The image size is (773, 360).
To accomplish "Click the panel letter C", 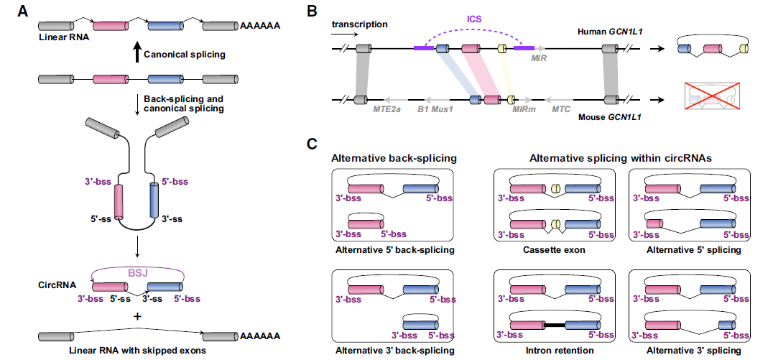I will pos(312,143).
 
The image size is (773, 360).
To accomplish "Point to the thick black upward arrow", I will pos(137,53).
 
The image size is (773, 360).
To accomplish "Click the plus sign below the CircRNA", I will pos(136,317).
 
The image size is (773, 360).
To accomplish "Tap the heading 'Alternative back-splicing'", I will pos(394,158).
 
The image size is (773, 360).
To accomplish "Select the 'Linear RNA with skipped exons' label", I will pos(136,350).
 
